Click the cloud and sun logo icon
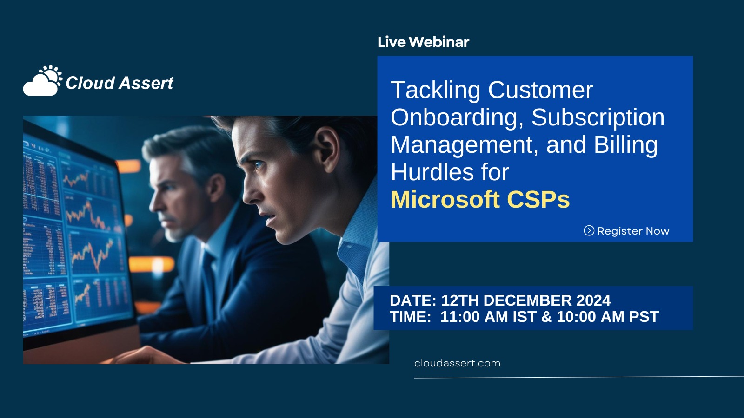tap(43, 81)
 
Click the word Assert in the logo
tap(146, 83)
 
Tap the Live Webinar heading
tap(423, 42)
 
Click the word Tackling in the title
tap(435, 90)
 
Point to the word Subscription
tap(598, 118)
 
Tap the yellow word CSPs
tap(538, 200)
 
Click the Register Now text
tap(633, 231)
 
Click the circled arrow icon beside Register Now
tap(589, 231)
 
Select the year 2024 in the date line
tap(593, 300)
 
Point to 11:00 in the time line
tap(460, 317)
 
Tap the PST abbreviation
tap(644, 317)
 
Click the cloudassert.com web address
tap(457, 363)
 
